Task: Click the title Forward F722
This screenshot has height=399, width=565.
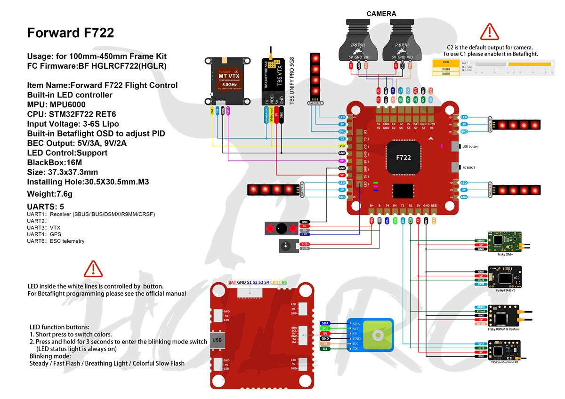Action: [x=71, y=33]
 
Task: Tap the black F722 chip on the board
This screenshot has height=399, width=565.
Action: [x=403, y=157]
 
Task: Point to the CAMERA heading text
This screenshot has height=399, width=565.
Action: [x=381, y=14]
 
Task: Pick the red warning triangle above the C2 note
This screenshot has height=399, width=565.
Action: [x=489, y=32]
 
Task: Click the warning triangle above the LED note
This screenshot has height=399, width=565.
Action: [x=93, y=268]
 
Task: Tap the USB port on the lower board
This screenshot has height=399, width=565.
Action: [x=217, y=339]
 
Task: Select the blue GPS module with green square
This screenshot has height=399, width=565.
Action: [x=371, y=335]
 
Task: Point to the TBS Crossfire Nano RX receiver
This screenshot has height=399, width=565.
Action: [x=504, y=350]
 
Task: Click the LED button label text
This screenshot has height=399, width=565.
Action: [x=470, y=147]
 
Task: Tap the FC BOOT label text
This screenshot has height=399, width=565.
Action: [x=469, y=168]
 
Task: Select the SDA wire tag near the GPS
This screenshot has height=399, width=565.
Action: [x=325, y=323]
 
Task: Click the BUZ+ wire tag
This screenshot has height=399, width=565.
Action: [x=305, y=244]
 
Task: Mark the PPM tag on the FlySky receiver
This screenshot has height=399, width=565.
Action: [x=481, y=285]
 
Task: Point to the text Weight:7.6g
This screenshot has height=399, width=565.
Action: [x=50, y=194]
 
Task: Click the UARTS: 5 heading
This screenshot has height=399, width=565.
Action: [x=46, y=207]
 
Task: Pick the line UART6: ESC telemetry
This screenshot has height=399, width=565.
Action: [x=56, y=241]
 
